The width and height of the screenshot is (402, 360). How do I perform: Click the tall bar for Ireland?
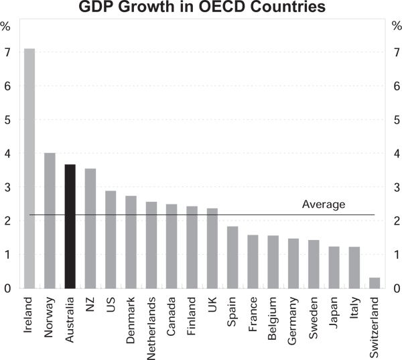pos(29,168)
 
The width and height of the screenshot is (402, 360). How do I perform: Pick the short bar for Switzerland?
pos(375,283)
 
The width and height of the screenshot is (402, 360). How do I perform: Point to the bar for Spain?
pos(232,257)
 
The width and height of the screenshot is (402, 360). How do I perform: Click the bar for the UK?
pos(212,248)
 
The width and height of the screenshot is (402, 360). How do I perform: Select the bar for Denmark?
pos(131,242)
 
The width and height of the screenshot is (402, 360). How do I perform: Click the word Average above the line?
pos(323,204)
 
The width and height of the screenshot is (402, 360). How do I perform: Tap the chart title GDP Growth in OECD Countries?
pos(200,8)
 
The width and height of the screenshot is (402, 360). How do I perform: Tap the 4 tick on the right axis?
pos(396,154)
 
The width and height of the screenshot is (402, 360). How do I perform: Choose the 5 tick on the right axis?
pos(396,120)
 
